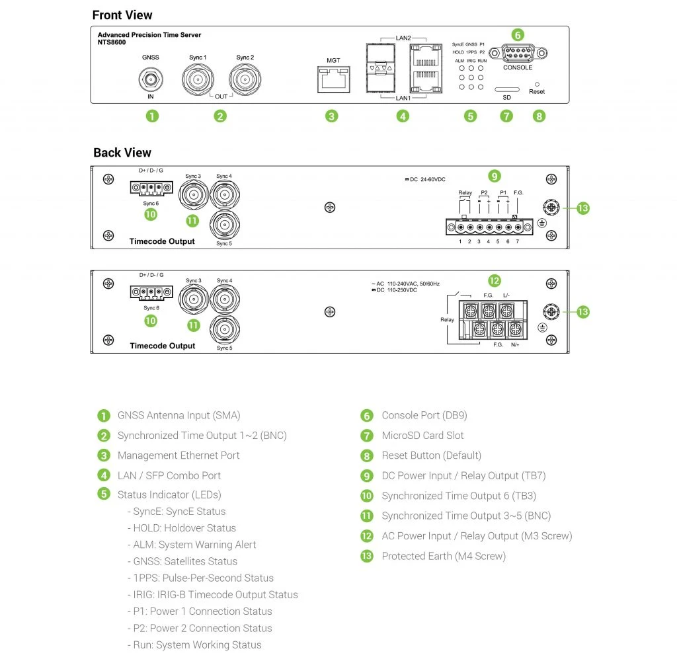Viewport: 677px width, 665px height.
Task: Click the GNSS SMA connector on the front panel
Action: coord(151,80)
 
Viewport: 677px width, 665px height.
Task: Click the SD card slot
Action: coord(506,89)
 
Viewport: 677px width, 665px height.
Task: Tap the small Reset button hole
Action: coord(536,85)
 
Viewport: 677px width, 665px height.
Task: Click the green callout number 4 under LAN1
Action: coord(403,116)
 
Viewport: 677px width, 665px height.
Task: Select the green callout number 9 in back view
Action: coord(495,176)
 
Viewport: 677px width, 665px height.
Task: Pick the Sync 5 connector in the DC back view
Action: coord(224,225)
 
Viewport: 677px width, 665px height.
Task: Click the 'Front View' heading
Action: coord(122,15)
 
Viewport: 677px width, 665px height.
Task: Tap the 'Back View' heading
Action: coord(122,153)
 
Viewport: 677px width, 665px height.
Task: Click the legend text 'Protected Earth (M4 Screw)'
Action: coord(444,556)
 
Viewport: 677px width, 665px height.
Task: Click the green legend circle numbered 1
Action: coord(104,416)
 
